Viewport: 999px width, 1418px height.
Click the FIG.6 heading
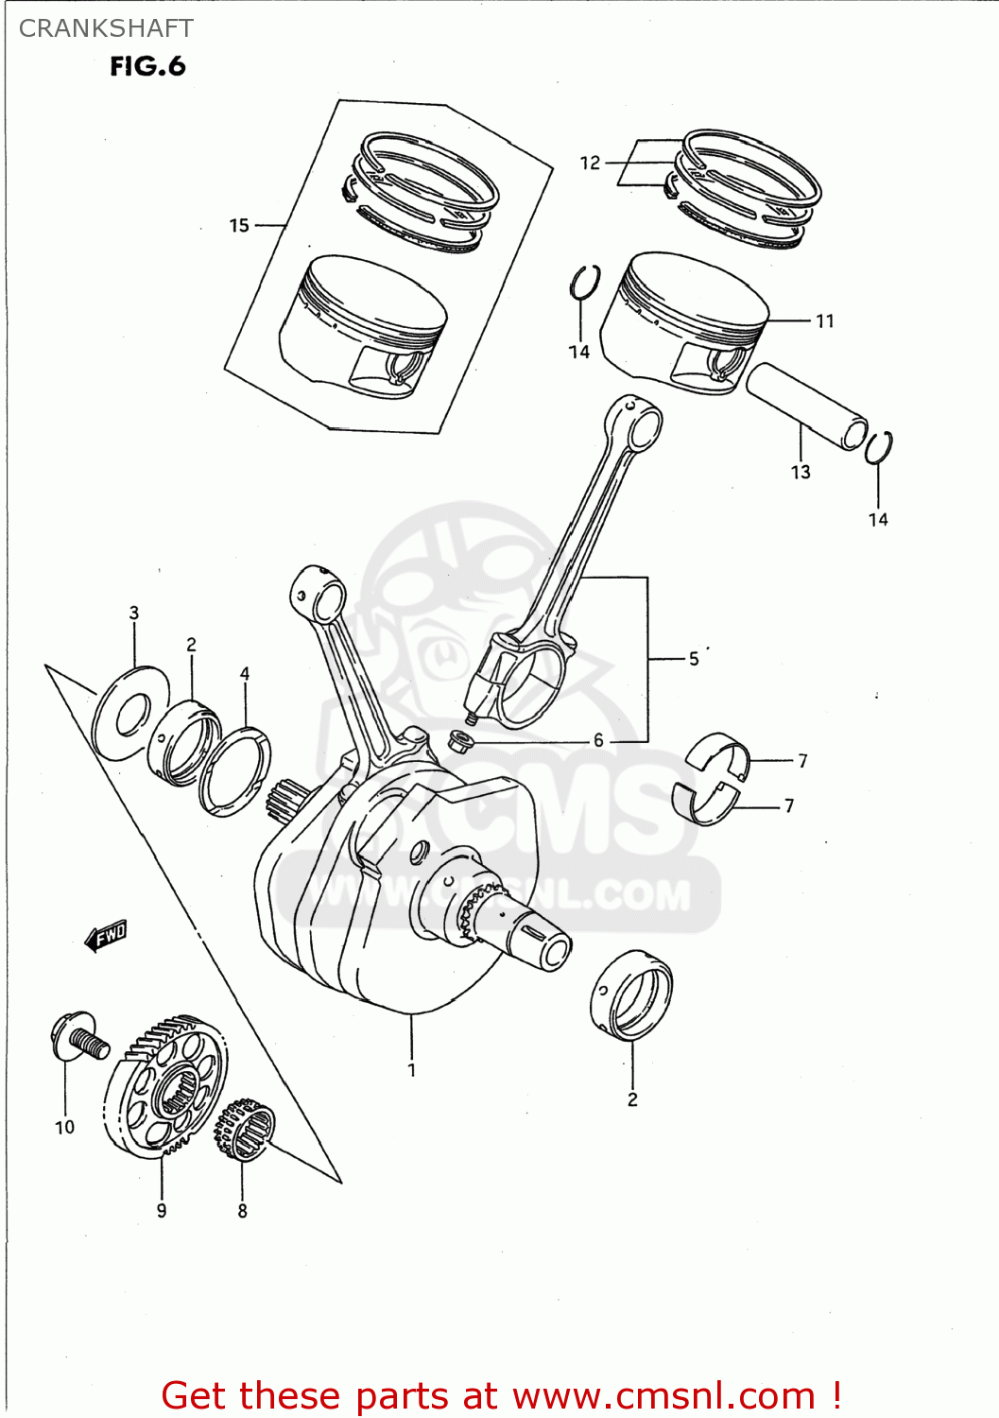pyautogui.click(x=147, y=66)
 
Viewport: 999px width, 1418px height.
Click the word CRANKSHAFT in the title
pyautogui.click(x=106, y=28)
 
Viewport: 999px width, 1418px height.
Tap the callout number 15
pyautogui.click(x=239, y=225)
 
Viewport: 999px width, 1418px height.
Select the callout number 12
pyautogui.click(x=590, y=163)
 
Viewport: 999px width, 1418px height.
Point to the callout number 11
pyautogui.click(x=824, y=321)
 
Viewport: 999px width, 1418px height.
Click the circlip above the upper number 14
pyautogui.click(x=584, y=283)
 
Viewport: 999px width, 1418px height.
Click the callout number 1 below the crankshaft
pyautogui.click(x=412, y=1070)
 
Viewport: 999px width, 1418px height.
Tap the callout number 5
pyautogui.click(x=694, y=659)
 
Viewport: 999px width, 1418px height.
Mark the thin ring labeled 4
pyautogui.click(x=234, y=770)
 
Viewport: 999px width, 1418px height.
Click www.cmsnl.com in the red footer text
pyautogui.click(x=663, y=1395)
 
